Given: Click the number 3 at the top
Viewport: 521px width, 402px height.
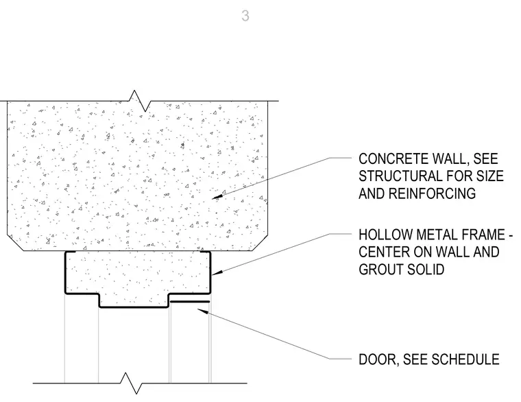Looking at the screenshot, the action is pyautogui.click(x=245, y=16).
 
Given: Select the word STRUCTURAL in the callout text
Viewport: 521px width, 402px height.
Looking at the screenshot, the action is pyautogui.click(x=400, y=176).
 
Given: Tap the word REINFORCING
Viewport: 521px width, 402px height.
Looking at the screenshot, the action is pyautogui.click(x=432, y=193).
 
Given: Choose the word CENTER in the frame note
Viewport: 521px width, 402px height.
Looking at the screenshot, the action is pyautogui.click(x=383, y=252).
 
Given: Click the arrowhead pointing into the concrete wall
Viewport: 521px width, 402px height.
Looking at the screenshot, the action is pyautogui.click(x=217, y=197).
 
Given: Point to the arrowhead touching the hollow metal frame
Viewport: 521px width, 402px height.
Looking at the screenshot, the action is pyautogui.click(x=217, y=273).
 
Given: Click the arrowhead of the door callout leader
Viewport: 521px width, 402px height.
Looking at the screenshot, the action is pyautogui.click(x=203, y=311).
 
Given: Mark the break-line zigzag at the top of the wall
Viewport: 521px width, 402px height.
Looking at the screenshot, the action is pyautogui.click(x=140, y=100).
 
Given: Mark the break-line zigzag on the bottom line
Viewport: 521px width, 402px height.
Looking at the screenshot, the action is pyautogui.click(x=131, y=383).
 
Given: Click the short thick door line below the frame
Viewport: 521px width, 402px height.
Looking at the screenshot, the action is pyautogui.click(x=190, y=302).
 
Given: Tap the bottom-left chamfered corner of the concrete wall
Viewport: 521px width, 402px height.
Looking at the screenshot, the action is pyautogui.click(x=15, y=243).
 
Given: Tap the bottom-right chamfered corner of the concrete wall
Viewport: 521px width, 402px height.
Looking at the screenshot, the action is pyautogui.click(x=260, y=243).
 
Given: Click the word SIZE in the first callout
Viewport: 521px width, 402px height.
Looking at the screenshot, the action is pyautogui.click(x=490, y=176).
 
